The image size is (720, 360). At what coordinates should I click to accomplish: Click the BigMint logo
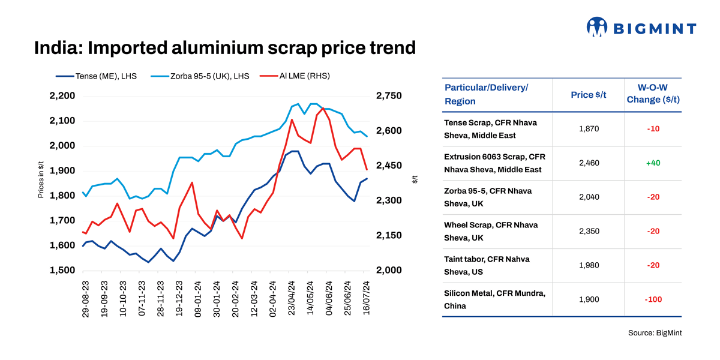point(641,28)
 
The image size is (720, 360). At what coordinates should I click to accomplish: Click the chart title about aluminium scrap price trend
point(224,47)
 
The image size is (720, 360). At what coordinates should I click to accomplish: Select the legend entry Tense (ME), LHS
point(96,76)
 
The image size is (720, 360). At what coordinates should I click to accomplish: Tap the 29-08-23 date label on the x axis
point(86,298)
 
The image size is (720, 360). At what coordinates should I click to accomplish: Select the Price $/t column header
point(588,95)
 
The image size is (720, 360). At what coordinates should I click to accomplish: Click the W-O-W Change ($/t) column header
point(653,94)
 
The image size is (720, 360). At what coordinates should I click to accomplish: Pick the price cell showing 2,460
point(588,163)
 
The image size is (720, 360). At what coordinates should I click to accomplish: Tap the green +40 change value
point(653,163)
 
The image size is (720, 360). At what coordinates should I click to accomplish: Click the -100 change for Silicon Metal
point(653,299)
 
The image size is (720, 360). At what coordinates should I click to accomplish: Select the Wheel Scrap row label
point(491,231)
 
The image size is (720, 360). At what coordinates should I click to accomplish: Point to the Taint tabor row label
point(487,265)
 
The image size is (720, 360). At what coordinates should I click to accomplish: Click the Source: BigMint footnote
point(655,332)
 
